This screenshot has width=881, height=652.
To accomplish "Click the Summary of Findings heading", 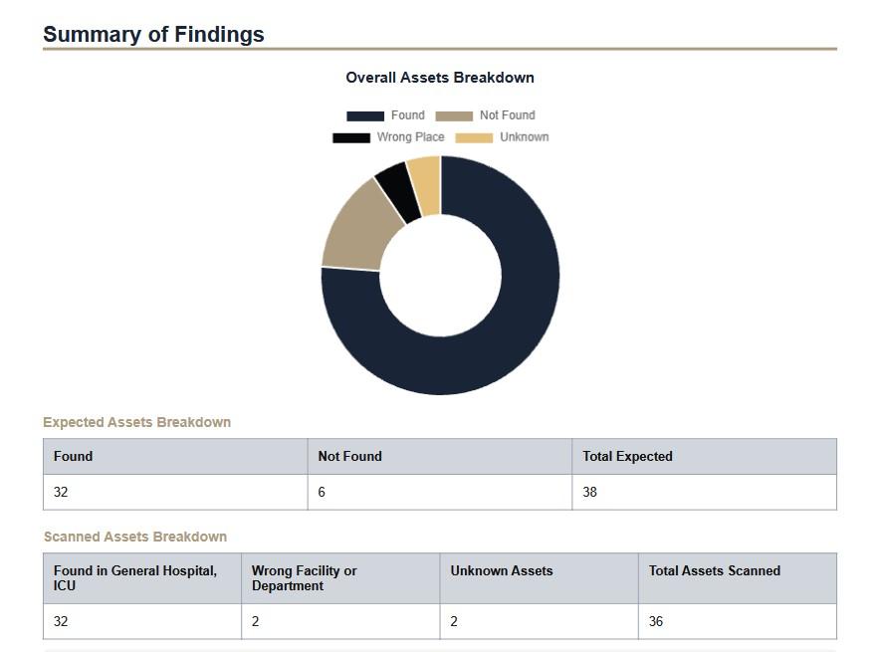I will tap(153, 34).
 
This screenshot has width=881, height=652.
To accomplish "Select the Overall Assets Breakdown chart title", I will tap(440, 78).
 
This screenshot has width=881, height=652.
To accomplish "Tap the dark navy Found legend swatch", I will tap(364, 115).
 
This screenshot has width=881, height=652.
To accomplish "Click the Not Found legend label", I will tap(507, 115).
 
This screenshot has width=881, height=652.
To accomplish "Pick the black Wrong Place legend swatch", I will tap(350, 137).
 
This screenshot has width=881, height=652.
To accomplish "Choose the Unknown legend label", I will tap(524, 137).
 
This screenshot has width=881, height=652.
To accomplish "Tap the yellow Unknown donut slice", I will tap(425, 184).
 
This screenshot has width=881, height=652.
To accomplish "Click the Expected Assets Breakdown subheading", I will tap(136, 422).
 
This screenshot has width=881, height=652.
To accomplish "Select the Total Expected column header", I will tap(627, 456).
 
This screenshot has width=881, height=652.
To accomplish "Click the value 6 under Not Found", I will tap(322, 492).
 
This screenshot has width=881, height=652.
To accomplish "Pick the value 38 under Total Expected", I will tap(589, 492).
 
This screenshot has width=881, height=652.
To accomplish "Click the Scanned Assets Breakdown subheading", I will tap(134, 537).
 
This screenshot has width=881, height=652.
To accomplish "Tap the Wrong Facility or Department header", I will tap(304, 578).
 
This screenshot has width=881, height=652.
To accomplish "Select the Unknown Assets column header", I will tap(501, 570).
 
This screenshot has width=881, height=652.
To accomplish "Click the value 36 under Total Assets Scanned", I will tap(655, 621).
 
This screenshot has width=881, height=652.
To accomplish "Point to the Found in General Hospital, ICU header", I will tap(134, 578).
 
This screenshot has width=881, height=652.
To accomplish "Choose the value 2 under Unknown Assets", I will tap(453, 621).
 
